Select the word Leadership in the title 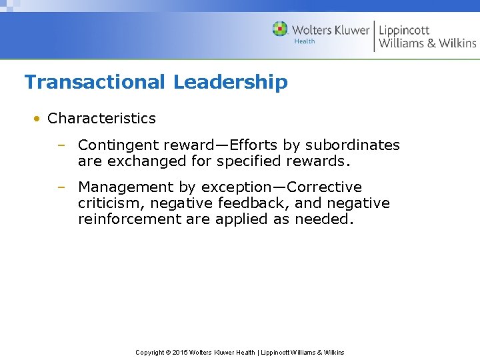(231, 82)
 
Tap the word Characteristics (101, 119)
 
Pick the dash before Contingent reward (61, 145)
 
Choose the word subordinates (353, 145)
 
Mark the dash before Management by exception (61, 187)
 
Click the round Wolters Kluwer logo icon (280, 29)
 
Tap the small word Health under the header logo (305, 41)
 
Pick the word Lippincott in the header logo (404, 29)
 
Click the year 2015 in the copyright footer (181, 352)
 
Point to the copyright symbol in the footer (167, 352)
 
